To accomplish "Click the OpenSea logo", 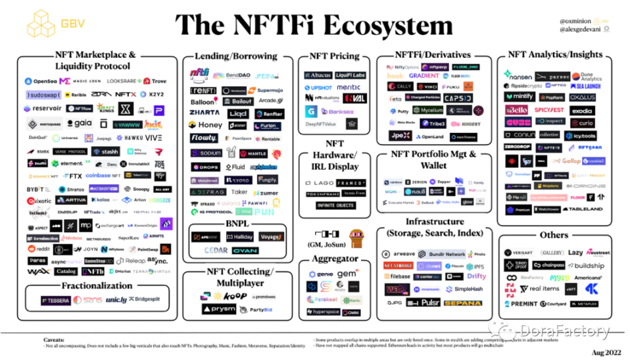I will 41,81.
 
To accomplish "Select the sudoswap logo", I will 43,94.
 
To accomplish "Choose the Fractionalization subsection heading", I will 97,285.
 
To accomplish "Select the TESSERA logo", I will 56,300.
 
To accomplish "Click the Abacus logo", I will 318,75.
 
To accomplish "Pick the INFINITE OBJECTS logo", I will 335,206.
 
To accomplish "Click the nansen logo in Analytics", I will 519,75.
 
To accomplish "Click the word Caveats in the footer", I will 54,340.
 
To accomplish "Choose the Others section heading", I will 554,235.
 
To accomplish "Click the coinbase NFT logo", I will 103,176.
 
